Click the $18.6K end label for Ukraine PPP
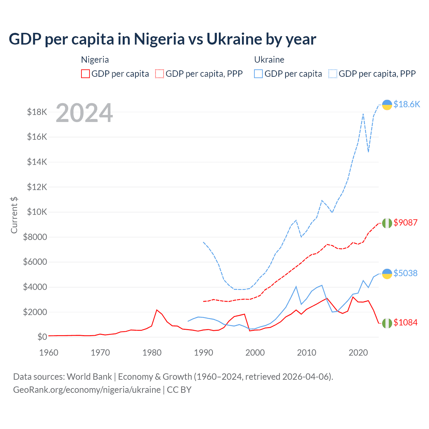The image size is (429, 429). [407, 104]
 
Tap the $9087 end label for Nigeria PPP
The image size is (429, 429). [405, 223]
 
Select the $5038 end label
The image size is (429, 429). [405, 273]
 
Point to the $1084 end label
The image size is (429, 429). [405, 322]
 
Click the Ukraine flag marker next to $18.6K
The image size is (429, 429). [387, 105]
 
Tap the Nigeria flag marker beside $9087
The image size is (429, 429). [387, 223]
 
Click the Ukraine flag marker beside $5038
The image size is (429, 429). [387, 274]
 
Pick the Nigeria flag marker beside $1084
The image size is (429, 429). [387, 323]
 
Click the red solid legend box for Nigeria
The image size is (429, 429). [85, 74]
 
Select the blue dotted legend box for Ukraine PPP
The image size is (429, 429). [333, 74]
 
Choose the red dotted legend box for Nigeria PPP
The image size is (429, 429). [160, 74]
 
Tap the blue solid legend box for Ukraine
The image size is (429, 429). [258, 74]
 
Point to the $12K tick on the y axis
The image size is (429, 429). [37, 187]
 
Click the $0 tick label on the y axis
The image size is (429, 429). [42, 337]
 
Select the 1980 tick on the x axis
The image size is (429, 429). [152, 353]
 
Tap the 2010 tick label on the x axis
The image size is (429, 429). [307, 353]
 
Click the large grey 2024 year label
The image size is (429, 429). [84, 113]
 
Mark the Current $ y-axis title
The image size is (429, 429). [14, 215]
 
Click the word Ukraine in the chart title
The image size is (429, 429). [234, 39]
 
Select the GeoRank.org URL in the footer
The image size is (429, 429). [87, 390]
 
